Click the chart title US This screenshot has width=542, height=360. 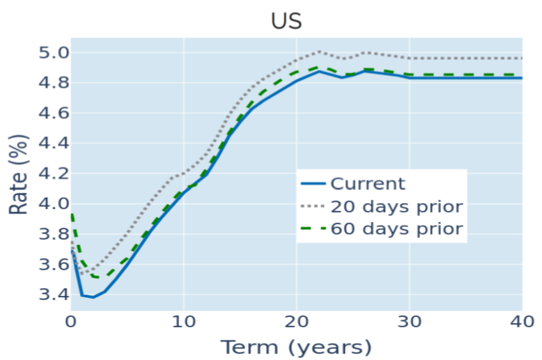coord(286,20)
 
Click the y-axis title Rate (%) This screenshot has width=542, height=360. coord(18,174)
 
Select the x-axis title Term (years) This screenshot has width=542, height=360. coord(296,347)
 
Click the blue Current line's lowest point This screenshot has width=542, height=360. coord(93,297)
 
